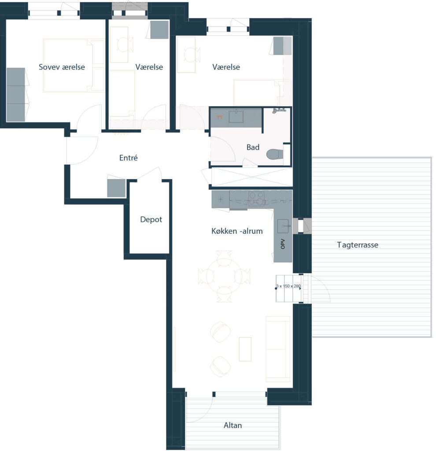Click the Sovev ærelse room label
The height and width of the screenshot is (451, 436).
[62, 67]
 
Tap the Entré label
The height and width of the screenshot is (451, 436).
[128, 158]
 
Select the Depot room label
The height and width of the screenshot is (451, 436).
[151, 219]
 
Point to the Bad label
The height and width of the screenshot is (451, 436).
[253, 147]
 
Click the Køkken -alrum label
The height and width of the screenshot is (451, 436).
[237, 231]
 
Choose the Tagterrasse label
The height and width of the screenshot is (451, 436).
[358, 245]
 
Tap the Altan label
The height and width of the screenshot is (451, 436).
[233, 425]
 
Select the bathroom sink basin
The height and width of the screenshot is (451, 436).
[236, 116]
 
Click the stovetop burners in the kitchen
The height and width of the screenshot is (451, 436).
[256, 199]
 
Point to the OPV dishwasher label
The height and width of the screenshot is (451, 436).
[283, 244]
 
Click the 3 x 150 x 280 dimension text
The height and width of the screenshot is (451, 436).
[288, 286]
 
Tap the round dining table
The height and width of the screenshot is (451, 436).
[224, 277]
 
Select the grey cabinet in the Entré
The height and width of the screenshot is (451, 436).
[116, 188]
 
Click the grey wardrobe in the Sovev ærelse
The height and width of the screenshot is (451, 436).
[15, 95]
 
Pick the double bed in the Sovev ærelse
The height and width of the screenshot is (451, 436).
[74, 66]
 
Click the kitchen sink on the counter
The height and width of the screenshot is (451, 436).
[283, 226]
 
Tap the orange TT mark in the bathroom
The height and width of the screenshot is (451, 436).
[220, 118]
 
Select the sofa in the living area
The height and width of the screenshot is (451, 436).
[277, 349]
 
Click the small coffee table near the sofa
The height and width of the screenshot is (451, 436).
[245, 349]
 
